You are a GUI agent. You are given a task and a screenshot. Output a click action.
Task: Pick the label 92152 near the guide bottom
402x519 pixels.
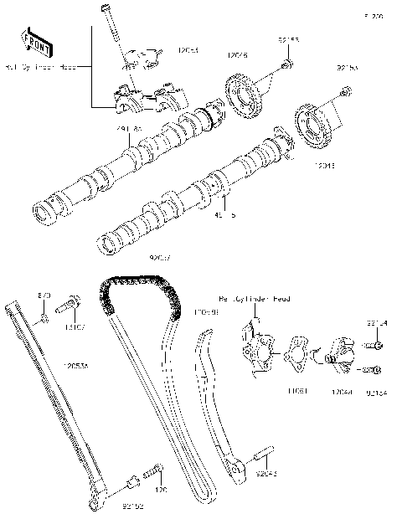click(x=133, y=506)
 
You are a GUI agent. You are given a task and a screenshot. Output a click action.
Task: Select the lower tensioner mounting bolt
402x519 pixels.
click(x=375, y=368)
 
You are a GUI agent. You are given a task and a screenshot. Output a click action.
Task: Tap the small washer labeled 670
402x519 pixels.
click(x=46, y=319)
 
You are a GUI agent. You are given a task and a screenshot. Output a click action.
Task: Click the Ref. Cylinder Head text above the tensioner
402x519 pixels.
click(x=253, y=298)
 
